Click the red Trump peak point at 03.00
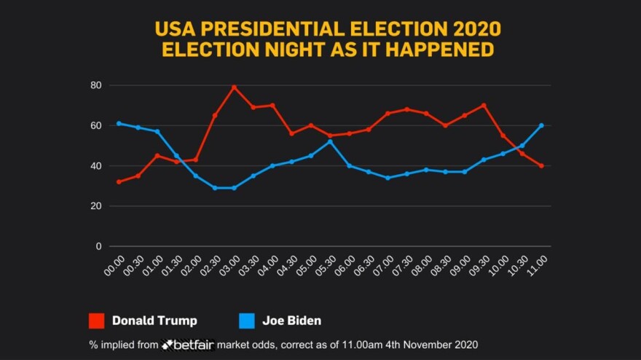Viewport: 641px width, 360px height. point(234,87)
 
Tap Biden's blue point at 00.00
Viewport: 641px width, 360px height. point(119,123)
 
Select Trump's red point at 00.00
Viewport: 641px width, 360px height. point(119,181)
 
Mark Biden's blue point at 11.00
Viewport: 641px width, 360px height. point(541,125)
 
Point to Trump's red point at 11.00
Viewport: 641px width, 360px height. point(541,165)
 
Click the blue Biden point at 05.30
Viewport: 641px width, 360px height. point(330,141)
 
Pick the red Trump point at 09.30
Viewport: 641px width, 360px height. point(484,105)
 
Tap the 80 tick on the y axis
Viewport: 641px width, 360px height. point(95,85)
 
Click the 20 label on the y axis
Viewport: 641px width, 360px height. point(95,206)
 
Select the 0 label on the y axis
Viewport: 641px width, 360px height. point(98,246)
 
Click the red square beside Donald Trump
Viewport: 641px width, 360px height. point(97,321)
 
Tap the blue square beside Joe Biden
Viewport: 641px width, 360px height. point(248,321)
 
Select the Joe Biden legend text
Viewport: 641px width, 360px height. point(292,321)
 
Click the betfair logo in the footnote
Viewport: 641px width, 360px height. point(188,344)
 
